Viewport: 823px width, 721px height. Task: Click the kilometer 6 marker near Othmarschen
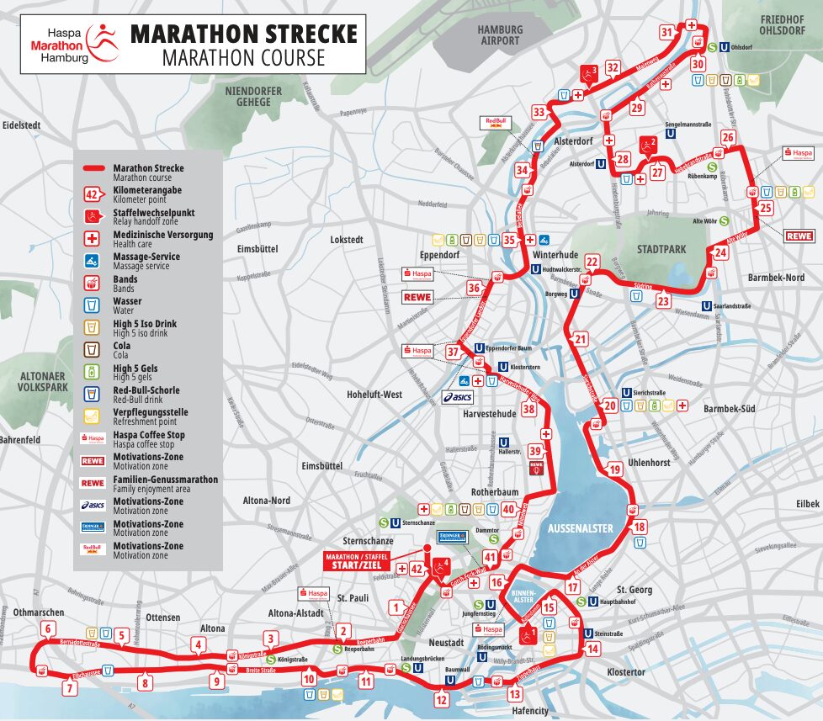pos(48,628)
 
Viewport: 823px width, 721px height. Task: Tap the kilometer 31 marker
pos(666,33)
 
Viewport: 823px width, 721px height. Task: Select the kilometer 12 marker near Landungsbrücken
pos(441,697)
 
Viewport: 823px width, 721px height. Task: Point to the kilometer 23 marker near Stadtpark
pos(663,301)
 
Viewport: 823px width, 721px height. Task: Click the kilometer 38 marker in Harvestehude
pos(528,410)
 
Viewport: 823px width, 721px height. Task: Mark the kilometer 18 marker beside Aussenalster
pos(640,527)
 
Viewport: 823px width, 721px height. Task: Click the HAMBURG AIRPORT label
pos(499,34)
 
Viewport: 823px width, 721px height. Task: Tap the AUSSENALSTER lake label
pos(580,527)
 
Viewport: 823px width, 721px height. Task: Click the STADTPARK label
pos(661,249)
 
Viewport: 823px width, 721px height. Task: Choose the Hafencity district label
pos(530,711)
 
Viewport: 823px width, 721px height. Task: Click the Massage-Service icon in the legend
pos(93,260)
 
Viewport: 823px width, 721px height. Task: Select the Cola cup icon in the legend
pos(93,349)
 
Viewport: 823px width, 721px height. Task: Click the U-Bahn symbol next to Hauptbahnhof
pos(580,602)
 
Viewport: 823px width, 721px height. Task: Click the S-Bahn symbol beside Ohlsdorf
pos(711,48)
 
